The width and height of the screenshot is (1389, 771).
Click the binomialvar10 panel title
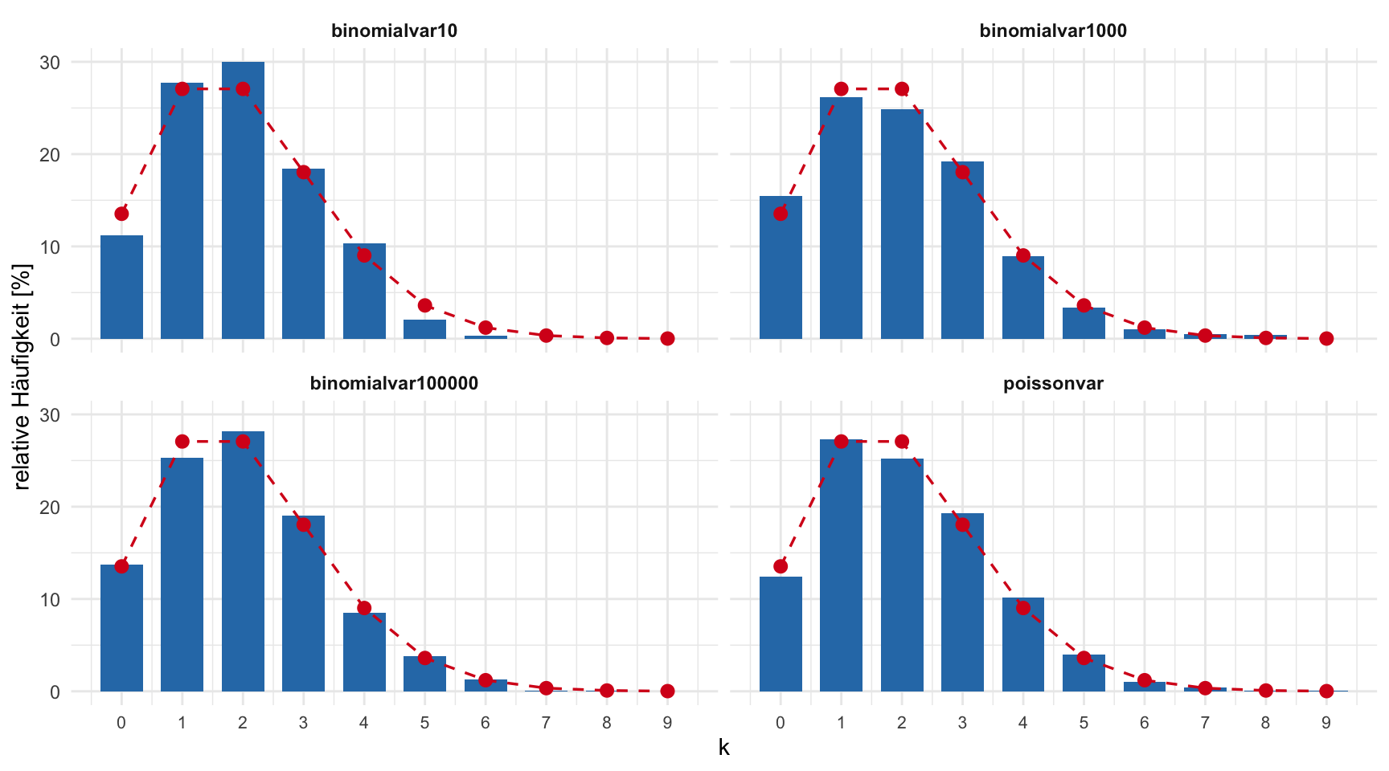[x=394, y=31]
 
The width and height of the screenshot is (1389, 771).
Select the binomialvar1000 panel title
[x=1053, y=31]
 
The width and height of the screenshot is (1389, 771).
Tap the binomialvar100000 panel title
[x=394, y=384]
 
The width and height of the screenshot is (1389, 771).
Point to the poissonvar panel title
[x=1053, y=384]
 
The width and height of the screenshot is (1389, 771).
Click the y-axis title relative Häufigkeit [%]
[x=22, y=377]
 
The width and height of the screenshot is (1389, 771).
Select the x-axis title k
[x=724, y=749]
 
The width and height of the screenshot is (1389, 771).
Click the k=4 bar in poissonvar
[x=1022, y=647]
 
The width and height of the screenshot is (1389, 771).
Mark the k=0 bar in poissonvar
[x=781, y=634]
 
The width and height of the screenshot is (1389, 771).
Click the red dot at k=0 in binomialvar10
[x=121, y=214]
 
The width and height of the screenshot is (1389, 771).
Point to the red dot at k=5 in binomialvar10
[x=424, y=305]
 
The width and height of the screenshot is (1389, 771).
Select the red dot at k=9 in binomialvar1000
[x=1326, y=338]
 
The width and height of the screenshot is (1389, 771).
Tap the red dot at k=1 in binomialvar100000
[x=182, y=442]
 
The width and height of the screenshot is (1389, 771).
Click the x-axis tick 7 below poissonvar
[x=1205, y=723]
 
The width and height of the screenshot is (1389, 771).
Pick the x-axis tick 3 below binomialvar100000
[x=303, y=723]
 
